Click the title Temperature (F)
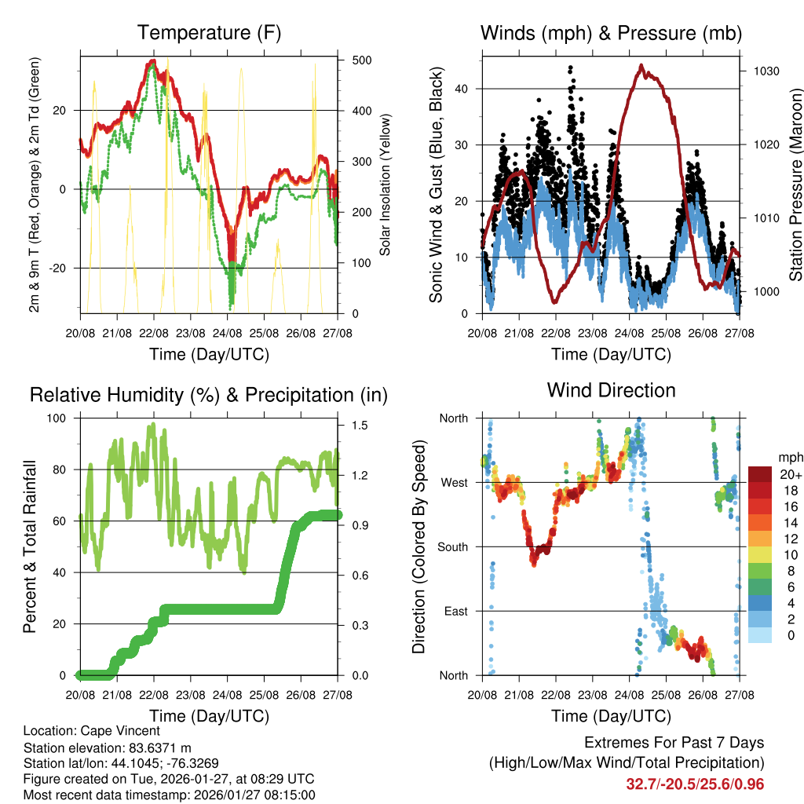click(208, 33)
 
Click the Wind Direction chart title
click(611, 390)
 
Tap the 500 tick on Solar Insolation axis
click(362, 60)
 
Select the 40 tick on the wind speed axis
click(461, 89)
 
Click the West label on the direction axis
click(454, 483)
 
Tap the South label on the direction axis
click(452, 547)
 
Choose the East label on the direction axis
click(455, 612)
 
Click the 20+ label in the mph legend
click(790, 475)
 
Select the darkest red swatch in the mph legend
click(759, 475)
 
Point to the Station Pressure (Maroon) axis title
click(795, 184)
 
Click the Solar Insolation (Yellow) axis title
click(386, 184)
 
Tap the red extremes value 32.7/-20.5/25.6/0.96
click(695, 784)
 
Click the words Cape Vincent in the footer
click(126, 731)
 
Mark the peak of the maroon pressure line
click(641, 65)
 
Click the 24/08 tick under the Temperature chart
click(228, 333)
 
